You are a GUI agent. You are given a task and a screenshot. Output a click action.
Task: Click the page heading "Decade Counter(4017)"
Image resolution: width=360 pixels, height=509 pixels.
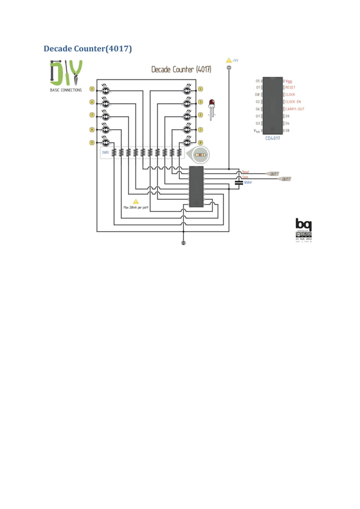pyautogui.click(x=87, y=49)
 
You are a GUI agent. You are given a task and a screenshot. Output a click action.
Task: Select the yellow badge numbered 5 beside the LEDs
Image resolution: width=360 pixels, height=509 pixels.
pyautogui.click(x=92, y=89)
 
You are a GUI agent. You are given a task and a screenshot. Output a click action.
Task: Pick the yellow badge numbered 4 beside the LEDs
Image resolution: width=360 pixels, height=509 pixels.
pyautogui.click(x=200, y=89)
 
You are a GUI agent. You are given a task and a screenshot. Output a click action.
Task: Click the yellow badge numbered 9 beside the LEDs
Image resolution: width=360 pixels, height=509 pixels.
pyautogui.click(x=92, y=143)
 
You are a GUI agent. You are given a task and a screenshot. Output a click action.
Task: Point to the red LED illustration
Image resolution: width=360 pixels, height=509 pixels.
pyautogui.click(x=212, y=105)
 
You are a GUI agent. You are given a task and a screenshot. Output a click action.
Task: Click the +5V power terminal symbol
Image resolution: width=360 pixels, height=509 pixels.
pyautogui.click(x=229, y=68)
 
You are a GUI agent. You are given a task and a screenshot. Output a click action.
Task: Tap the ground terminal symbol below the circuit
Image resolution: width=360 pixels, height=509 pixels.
pyautogui.click(x=183, y=243)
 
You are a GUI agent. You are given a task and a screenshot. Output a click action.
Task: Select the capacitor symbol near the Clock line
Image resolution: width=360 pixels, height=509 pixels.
pyautogui.click(x=239, y=182)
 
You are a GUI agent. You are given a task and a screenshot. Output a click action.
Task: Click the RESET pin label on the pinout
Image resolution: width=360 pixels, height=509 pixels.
pyautogui.click(x=291, y=87)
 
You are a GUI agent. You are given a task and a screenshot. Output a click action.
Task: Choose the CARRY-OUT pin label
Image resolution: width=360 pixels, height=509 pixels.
pyautogui.click(x=295, y=109)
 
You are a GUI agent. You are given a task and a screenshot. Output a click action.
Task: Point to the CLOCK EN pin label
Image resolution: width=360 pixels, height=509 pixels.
pyautogui.click(x=293, y=102)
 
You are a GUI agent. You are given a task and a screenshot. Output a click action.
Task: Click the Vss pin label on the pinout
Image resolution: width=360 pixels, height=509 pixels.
pyautogui.click(x=257, y=130)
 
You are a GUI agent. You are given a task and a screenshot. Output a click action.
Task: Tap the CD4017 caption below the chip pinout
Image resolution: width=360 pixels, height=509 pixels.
pyautogui.click(x=273, y=137)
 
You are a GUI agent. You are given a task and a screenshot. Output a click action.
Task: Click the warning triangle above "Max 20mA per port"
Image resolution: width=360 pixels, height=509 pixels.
pyautogui.click(x=135, y=201)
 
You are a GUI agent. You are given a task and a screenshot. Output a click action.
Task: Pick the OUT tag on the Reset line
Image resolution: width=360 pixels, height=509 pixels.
pyautogui.click(x=273, y=174)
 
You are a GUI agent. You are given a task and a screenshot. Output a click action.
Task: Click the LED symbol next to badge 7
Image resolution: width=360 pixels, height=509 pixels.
pyautogui.click(x=106, y=116)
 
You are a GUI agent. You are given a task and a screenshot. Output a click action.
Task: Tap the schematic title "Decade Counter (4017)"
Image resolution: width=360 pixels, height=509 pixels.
pyautogui.click(x=181, y=69)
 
